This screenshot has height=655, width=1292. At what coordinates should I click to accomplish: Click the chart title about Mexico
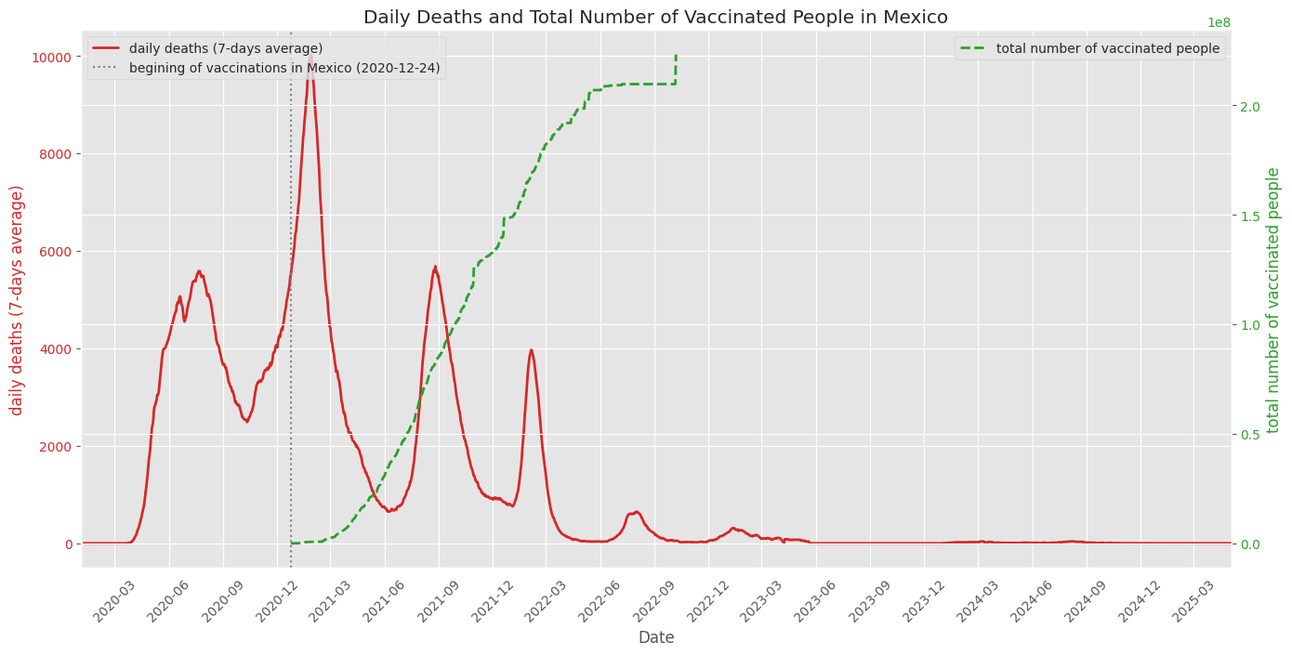tap(655, 17)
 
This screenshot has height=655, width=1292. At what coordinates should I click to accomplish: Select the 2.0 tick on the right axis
tap(1250, 107)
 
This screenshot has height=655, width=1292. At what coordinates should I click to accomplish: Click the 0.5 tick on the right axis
tap(1250, 434)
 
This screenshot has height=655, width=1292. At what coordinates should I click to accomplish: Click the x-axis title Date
tap(655, 637)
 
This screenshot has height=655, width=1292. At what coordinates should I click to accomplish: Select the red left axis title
tap(17, 299)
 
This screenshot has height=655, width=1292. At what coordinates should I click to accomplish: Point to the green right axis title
tap(1273, 299)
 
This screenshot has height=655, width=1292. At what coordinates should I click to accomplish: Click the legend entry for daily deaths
tap(226, 48)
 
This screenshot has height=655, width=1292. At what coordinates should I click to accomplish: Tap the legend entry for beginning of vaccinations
tap(283, 68)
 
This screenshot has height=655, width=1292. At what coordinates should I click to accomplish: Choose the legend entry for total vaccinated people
tap(1107, 48)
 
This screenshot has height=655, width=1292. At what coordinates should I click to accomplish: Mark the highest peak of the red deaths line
tap(310, 55)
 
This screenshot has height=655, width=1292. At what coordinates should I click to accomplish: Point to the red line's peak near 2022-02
tap(531, 350)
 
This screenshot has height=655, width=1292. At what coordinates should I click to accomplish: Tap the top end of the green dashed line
tap(676, 55)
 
